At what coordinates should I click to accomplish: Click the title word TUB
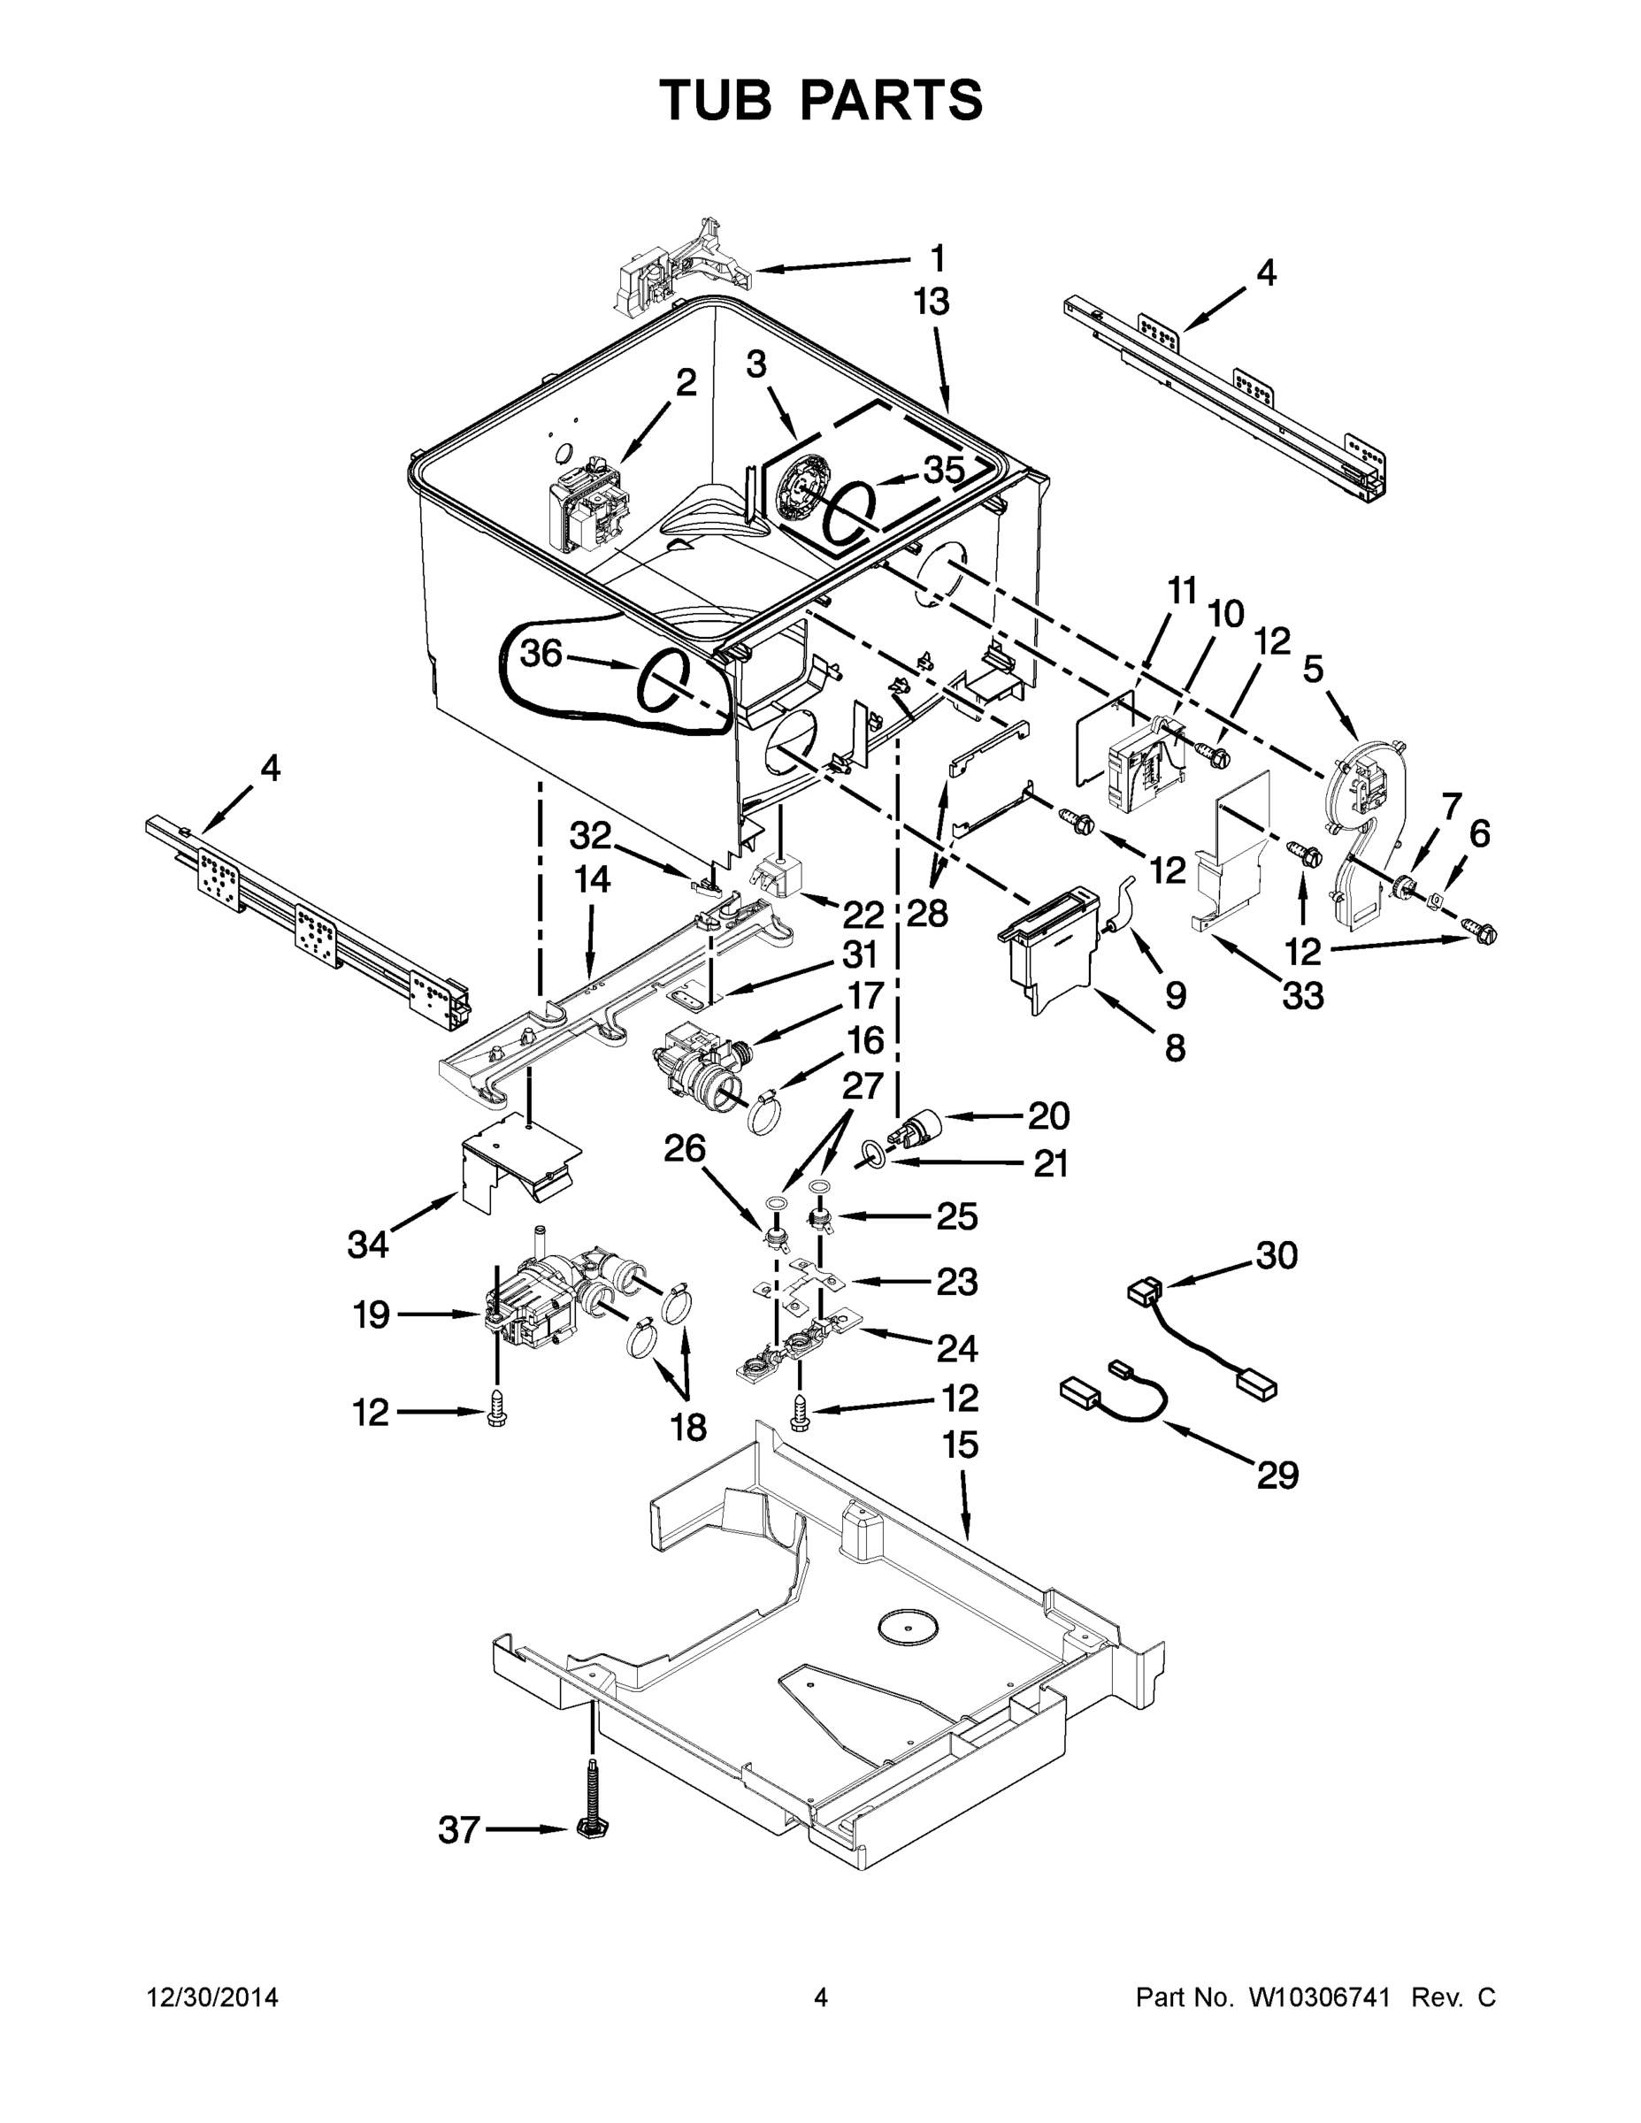pos(717,101)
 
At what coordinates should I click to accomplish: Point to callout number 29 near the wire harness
pos(1277,1475)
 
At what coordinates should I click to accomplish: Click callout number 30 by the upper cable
pos(1277,1257)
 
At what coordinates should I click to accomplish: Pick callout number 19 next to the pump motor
pos(372,1315)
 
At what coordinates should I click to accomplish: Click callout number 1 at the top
pos(936,258)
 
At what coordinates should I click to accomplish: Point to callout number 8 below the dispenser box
pos(1175,1048)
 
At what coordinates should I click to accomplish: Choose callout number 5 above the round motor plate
pos(1313,670)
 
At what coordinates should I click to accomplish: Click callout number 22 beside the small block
pos(863,915)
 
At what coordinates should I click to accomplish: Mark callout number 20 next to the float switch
pos(1049,1116)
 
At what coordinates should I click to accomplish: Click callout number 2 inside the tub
pos(686,383)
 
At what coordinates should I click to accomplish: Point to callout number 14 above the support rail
pos(592,880)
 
